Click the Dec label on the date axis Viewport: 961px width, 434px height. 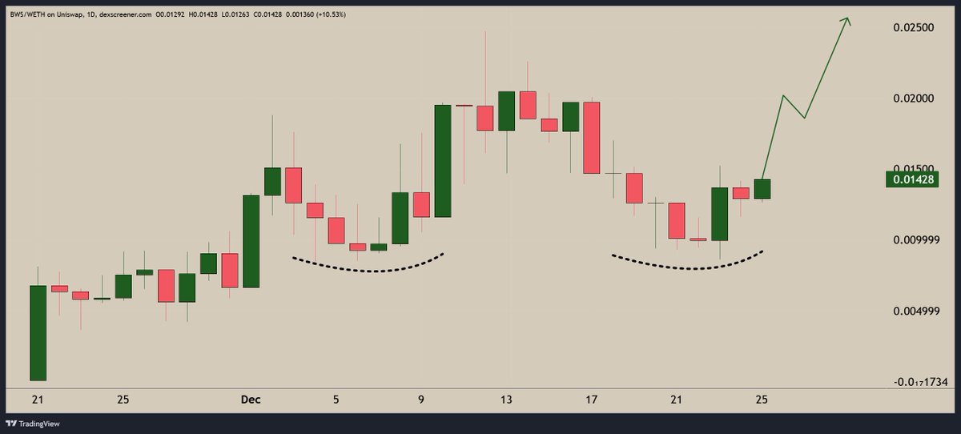[251, 399]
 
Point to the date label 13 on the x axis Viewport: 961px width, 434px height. [506, 399]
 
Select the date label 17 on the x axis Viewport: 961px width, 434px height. [592, 399]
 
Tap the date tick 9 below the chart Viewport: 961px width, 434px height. [421, 399]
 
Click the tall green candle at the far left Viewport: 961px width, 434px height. [38, 332]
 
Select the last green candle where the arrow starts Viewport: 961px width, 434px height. [762, 188]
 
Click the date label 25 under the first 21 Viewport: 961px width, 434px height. [123, 399]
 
